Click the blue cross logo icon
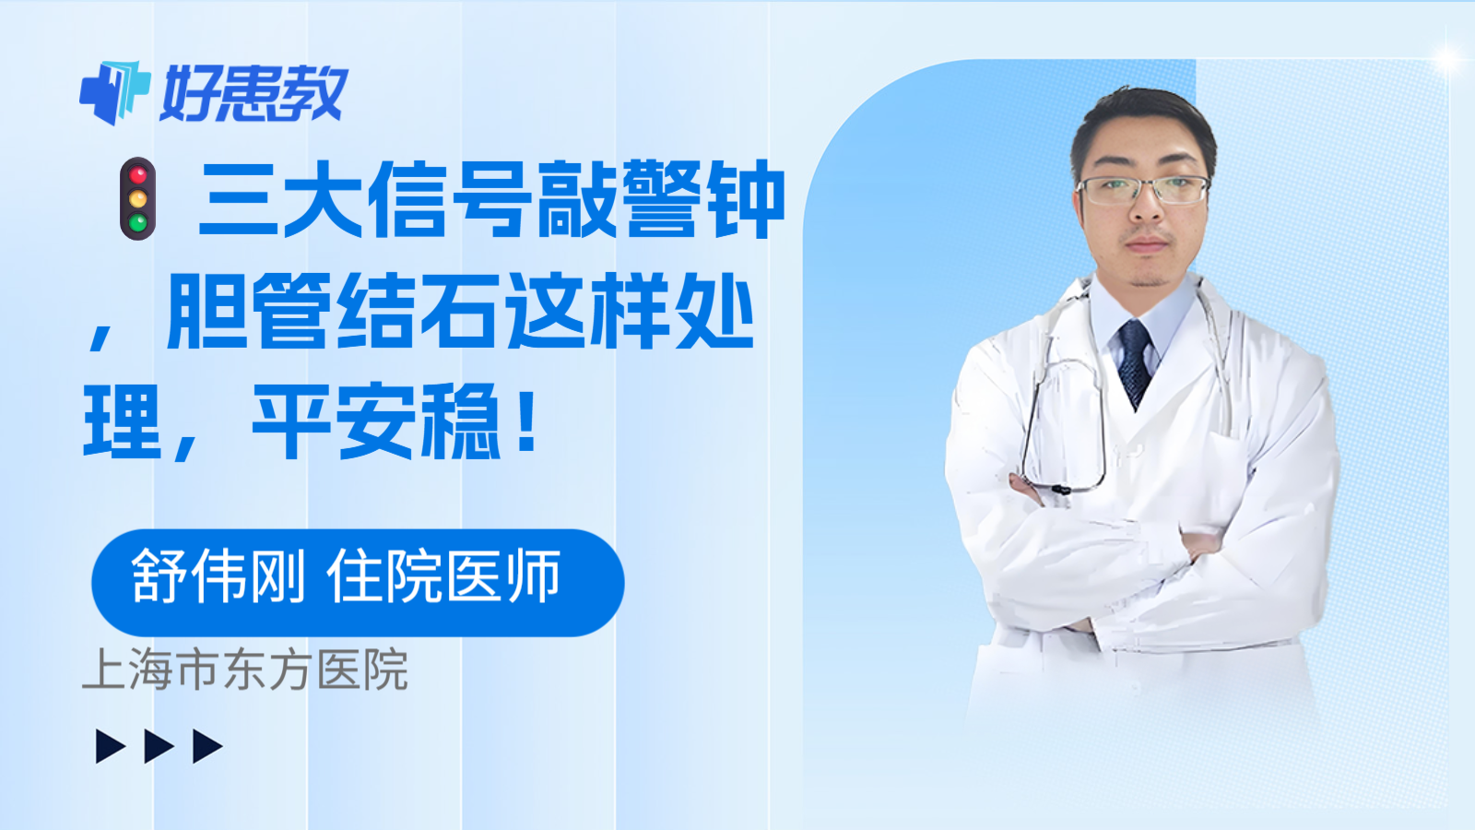click(114, 92)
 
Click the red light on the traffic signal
click(138, 174)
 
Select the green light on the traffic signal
click(138, 222)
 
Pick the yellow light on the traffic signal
click(138, 198)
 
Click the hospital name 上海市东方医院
click(245, 670)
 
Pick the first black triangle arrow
click(110, 746)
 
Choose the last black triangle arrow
click(207, 746)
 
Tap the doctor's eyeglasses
click(1143, 190)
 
